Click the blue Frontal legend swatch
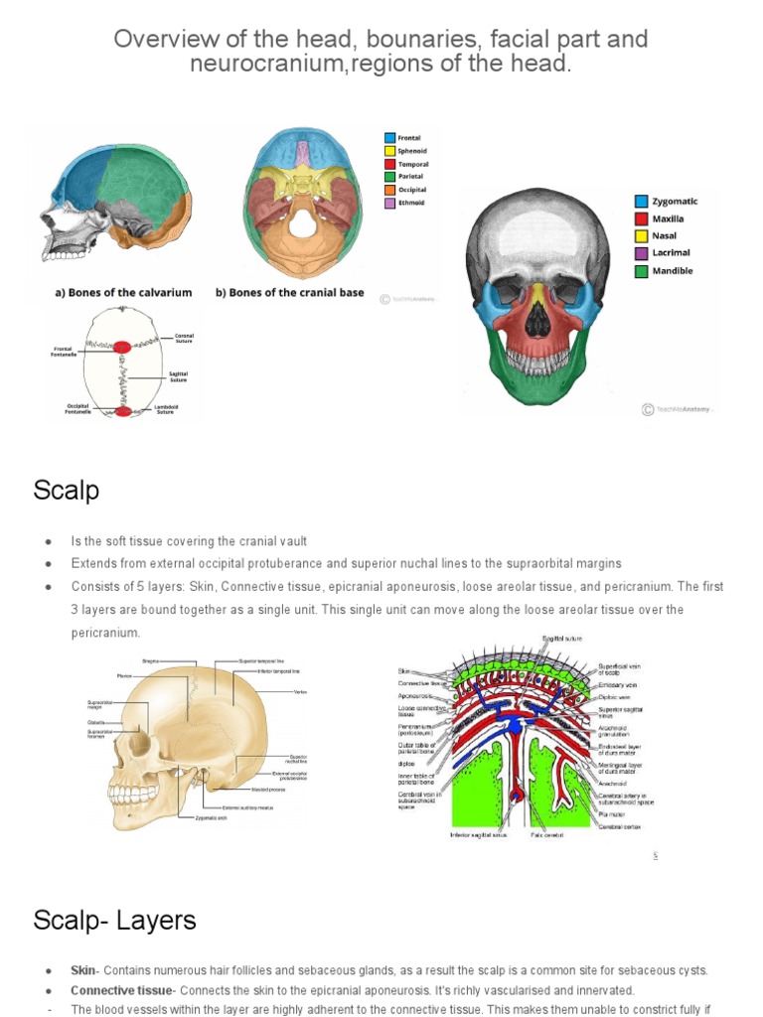click(389, 138)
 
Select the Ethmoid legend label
click(411, 203)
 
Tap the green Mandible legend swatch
click(642, 271)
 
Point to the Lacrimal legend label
click(673, 253)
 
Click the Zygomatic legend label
click(675, 202)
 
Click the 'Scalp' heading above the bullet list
click(66, 491)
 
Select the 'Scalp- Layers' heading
click(114, 921)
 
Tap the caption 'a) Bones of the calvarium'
click(121, 293)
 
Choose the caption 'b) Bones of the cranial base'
click(289, 293)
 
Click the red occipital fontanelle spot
click(123, 410)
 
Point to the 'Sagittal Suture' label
click(178, 375)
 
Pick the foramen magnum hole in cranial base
click(302, 223)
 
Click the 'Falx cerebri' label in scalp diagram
click(547, 835)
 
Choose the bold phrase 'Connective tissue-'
click(122, 990)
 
